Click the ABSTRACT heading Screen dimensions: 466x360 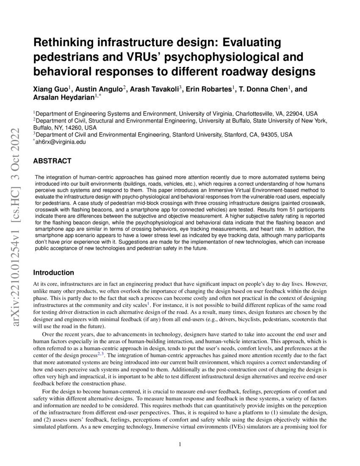(x=52, y=161)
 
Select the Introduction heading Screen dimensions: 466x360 (x=54, y=272)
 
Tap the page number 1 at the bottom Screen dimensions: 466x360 (x=180, y=444)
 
